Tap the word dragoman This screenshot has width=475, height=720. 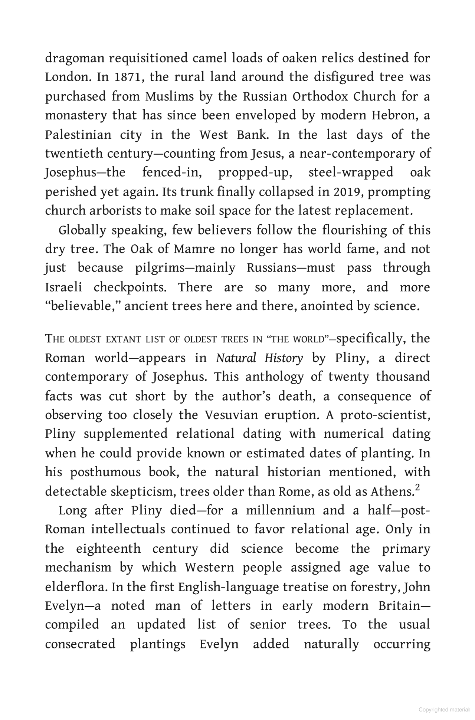coord(74,59)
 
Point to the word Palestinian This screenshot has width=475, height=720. coord(78,135)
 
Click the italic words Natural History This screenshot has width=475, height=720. coord(259,358)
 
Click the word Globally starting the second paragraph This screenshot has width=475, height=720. coord(82,230)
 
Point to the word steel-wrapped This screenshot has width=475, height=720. coord(351,173)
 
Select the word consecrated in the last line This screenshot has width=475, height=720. coord(80,644)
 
